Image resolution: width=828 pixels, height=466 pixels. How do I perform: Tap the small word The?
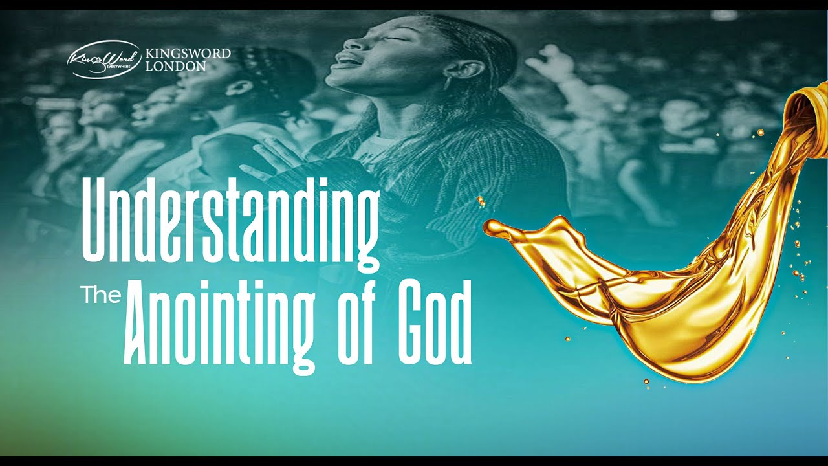pos(101,295)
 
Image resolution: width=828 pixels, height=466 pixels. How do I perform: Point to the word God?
pos(435,324)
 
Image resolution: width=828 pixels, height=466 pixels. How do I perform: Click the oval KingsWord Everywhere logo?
pos(103,60)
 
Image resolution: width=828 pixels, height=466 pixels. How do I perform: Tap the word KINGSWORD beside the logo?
pos(188,53)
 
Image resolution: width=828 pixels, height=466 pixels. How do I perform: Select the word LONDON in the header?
pos(177,66)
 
